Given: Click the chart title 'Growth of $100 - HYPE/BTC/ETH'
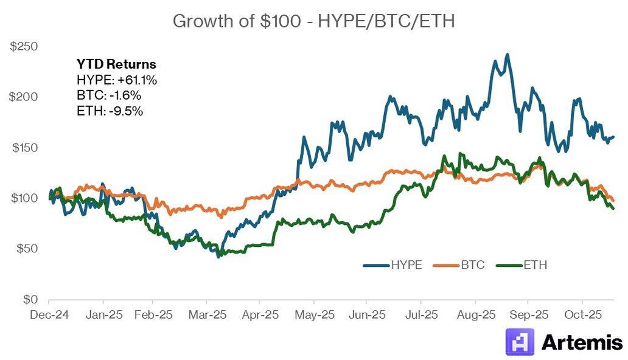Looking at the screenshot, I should (x=313, y=21).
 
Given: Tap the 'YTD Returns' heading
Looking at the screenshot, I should (x=116, y=64).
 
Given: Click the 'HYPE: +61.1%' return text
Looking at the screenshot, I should (x=117, y=80).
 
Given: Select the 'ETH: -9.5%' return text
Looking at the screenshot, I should (x=110, y=111).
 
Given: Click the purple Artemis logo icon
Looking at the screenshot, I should (x=520, y=342).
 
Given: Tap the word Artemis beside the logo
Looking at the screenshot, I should (x=582, y=342).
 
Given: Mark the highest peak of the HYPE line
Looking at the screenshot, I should (x=507, y=54).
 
